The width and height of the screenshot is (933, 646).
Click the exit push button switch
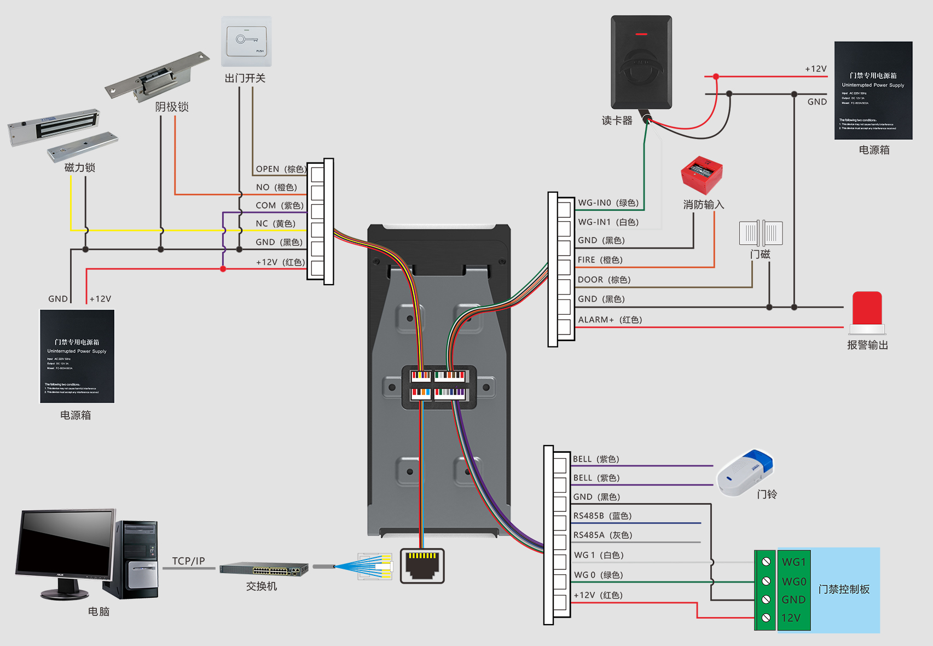(246, 42)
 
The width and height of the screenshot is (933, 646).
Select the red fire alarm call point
(702, 175)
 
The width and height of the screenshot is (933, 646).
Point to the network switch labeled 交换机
(264, 569)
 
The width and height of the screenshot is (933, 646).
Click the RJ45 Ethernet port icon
(422, 566)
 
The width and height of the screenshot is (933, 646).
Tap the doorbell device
(745, 472)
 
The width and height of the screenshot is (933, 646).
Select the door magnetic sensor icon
(761, 233)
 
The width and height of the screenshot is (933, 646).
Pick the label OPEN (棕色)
(281, 169)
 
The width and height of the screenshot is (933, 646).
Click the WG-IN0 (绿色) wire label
(609, 203)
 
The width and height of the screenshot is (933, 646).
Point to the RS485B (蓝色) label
(602, 516)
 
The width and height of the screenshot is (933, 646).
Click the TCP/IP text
(188, 561)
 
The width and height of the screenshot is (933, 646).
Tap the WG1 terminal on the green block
(793, 562)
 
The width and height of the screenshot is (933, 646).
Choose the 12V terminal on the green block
(791, 618)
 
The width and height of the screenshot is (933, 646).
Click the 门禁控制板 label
(844, 590)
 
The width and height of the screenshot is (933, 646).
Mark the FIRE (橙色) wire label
(600, 260)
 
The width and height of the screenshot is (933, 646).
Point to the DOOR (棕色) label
(604, 280)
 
